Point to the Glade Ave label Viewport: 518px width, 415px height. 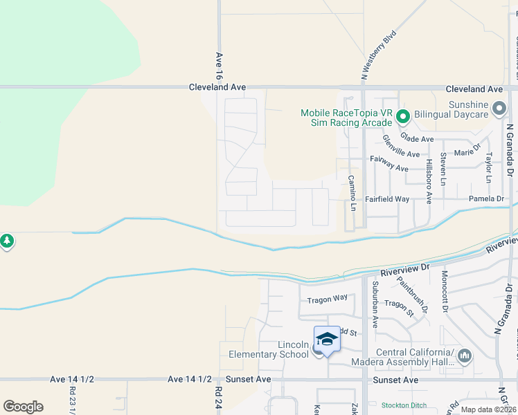pos(417,139)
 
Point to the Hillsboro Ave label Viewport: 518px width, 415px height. pos(429,182)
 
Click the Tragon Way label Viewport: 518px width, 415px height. pos(328,298)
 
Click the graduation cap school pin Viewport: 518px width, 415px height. pos(327,340)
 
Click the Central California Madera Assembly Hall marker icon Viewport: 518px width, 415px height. pos(464,356)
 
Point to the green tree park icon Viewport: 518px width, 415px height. pos(6,241)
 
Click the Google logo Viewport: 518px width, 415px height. pos(23,407)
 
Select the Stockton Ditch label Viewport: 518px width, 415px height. pos(404,405)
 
